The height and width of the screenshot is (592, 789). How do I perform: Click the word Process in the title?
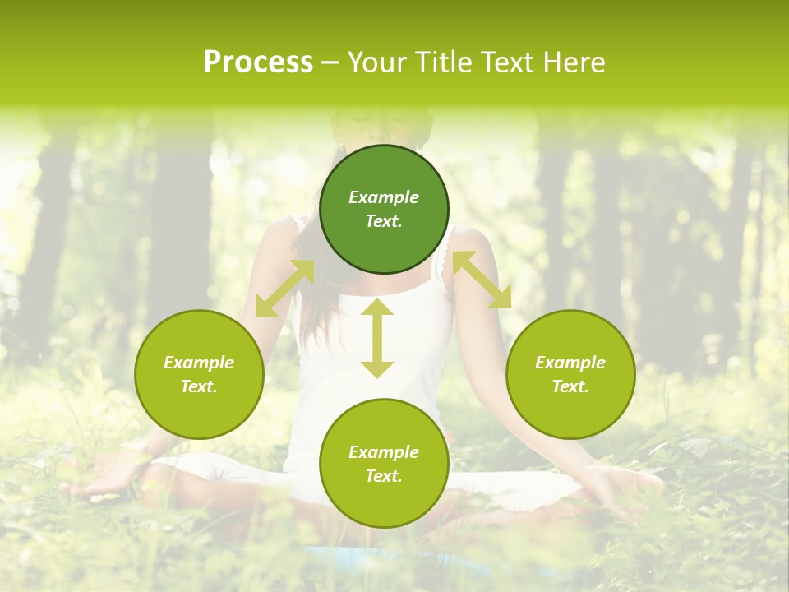click(x=258, y=62)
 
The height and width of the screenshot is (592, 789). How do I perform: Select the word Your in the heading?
click(x=378, y=62)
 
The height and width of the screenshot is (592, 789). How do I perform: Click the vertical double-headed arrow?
click(x=377, y=338)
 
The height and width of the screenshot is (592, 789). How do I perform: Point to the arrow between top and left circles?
click(x=284, y=289)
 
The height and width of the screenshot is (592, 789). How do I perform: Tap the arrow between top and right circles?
click(x=482, y=280)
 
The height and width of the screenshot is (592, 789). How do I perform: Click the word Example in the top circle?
click(x=384, y=197)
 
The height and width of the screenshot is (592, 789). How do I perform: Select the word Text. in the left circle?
click(x=199, y=386)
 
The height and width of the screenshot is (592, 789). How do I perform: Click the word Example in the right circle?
click(x=570, y=363)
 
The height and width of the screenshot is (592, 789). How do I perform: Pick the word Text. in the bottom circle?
click(x=384, y=476)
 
